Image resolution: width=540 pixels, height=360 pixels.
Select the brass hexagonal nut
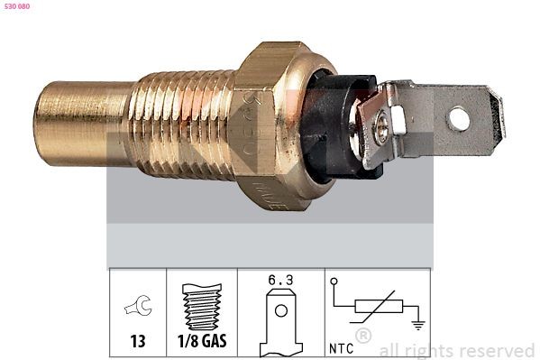click(270, 122)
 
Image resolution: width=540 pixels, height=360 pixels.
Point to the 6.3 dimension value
click(280, 281)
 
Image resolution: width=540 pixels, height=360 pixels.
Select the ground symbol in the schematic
click(416, 323)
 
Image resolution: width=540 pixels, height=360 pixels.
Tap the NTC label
click(340, 346)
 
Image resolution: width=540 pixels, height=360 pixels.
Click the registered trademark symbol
click(362, 337)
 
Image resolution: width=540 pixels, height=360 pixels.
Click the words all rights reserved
click(457, 350)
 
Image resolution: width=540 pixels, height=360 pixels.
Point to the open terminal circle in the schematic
click(334, 282)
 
